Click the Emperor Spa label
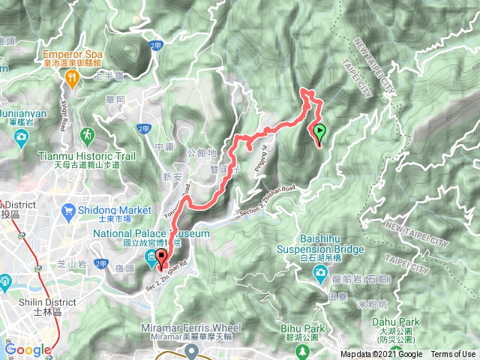coord(73,55)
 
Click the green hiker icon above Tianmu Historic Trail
coord(88,135)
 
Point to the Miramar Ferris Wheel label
coord(191,328)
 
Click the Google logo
coord(28,349)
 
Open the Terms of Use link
coord(452,355)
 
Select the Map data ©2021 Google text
coord(382,355)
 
